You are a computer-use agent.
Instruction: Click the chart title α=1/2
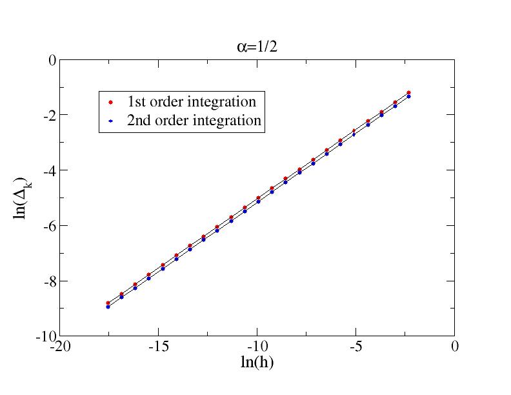[255, 46]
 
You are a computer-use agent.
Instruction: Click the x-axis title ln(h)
[256, 363]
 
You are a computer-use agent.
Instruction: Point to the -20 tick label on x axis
[59, 347]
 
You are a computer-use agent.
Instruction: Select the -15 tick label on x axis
[158, 347]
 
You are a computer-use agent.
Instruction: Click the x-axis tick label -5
[356, 347]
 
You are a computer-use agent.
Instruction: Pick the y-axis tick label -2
[48, 115]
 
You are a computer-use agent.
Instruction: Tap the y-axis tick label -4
[48, 170]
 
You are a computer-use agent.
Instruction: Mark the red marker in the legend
[110, 102]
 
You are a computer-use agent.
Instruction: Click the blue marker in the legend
[110, 121]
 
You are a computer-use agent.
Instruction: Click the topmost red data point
[409, 92]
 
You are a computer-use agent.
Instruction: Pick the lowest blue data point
[108, 307]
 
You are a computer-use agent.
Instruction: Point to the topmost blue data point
[409, 96]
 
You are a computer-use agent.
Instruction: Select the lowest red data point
[108, 303]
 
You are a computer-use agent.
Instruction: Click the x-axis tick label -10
[257, 347]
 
